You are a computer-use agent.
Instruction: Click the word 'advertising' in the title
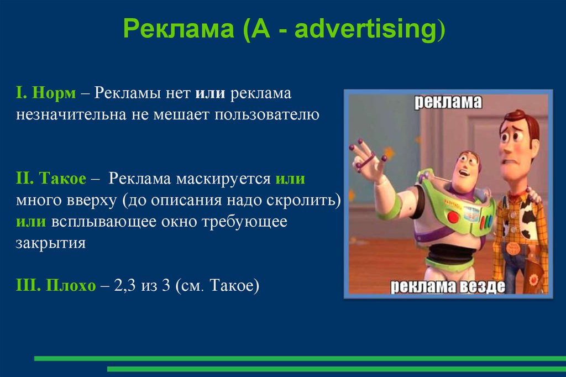click(365, 29)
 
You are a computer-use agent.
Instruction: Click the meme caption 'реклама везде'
click(448, 286)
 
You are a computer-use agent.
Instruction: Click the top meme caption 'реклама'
click(448, 102)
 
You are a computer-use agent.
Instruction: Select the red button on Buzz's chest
click(453, 217)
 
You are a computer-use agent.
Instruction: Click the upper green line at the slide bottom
click(298, 358)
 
